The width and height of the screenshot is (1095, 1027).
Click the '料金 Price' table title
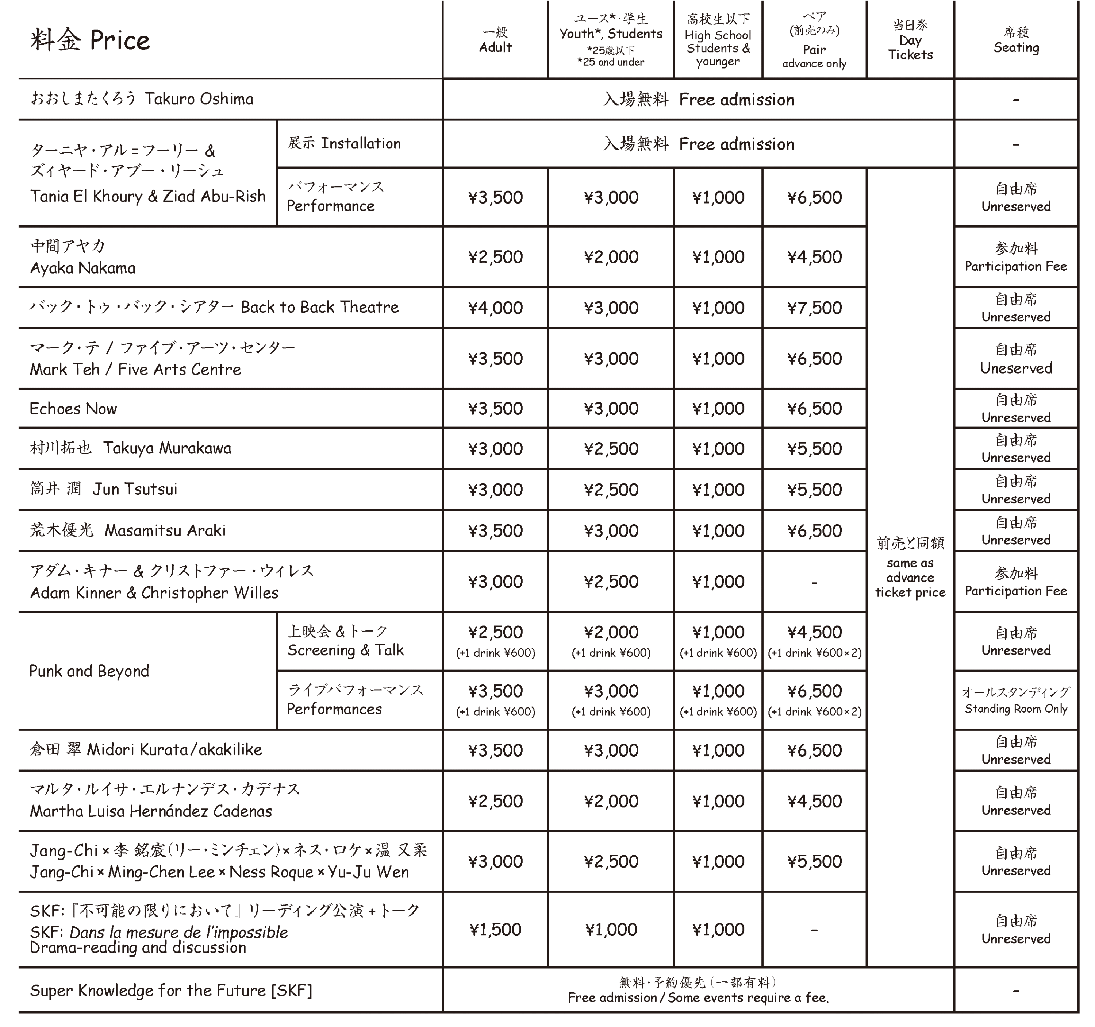click(x=90, y=40)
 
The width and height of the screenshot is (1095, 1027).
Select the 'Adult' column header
click(x=495, y=40)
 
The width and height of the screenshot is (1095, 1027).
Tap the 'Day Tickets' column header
click(x=910, y=40)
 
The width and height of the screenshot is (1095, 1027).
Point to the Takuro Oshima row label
click(x=142, y=99)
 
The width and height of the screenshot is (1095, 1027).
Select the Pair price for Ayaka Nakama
click(x=814, y=257)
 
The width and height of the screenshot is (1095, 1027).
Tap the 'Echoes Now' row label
click(x=73, y=409)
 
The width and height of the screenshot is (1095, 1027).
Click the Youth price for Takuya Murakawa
click(x=611, y=449)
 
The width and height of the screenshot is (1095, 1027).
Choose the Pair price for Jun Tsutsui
click(x=814, y=490)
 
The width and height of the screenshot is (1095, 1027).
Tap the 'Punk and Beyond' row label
click(x=89, y=671)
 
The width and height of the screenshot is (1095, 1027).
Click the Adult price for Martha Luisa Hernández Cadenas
click(x=495, y=801)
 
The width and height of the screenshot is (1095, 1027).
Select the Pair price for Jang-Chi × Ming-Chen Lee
click(x=814, y=861)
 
